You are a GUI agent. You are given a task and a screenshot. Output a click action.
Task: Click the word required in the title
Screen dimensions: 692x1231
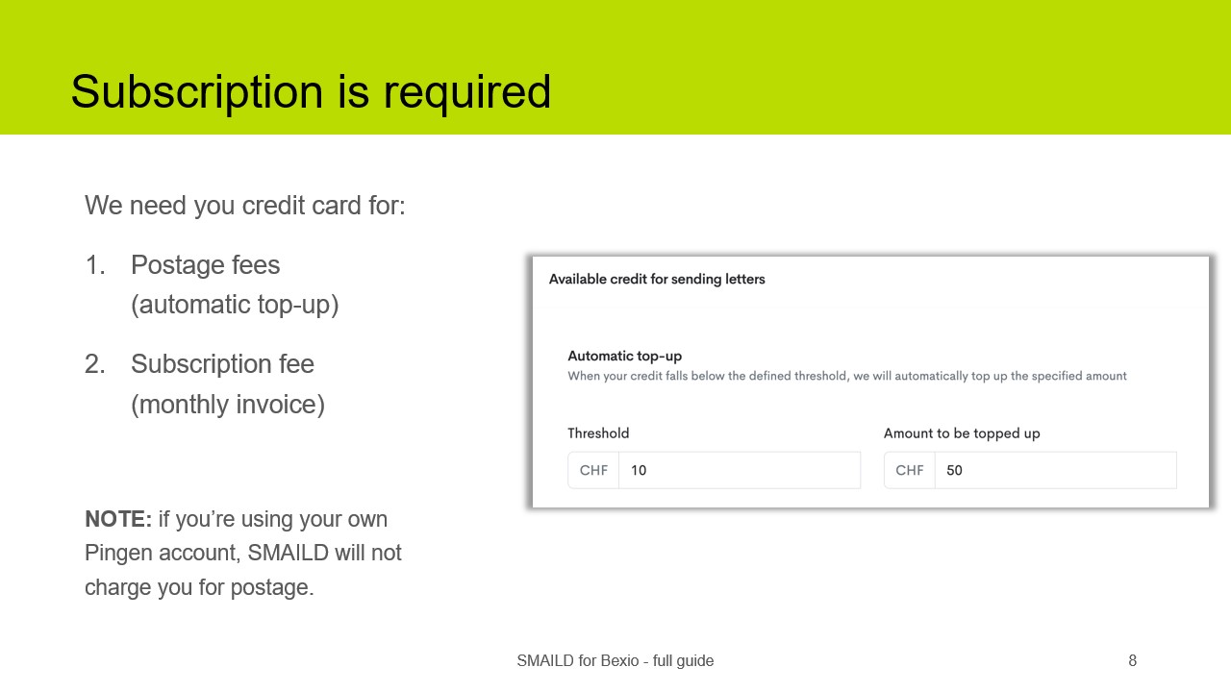click(x=467, y=92)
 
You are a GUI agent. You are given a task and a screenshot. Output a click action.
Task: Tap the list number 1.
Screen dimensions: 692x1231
click(x=94, y=265)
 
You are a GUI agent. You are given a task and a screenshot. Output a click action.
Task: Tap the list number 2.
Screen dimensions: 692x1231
click(x=94, y=364)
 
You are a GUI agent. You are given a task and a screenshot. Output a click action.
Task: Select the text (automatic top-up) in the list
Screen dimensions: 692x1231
click(x=235, y=305)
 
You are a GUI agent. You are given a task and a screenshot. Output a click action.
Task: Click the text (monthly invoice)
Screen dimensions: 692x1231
click(x=228, y=405)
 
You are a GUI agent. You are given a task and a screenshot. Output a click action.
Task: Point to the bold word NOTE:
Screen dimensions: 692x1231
click(x=118, y=519)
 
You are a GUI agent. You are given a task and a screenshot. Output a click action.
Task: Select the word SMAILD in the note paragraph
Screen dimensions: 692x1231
click(x=289, y=553)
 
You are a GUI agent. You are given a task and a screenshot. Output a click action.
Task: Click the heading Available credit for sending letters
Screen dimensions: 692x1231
click(x=657, y=280)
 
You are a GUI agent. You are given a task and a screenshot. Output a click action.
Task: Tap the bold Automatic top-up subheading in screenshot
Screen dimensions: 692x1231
click(x=624, y=356)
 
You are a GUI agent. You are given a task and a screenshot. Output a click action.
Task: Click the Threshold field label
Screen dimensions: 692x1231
click(x=598, y=433)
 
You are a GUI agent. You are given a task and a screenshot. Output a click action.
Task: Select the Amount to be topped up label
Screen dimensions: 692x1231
click(x=962, y=433)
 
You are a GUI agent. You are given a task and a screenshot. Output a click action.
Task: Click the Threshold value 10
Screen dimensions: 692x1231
click(x=639, y=471)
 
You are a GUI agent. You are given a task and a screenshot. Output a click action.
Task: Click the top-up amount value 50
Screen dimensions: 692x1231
click(x=954, y=471)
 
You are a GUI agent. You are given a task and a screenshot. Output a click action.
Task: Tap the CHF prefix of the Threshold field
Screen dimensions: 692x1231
click(x=593, y=471)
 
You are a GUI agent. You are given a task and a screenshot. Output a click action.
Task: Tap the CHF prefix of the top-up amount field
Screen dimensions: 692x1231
click(x=910, y=471)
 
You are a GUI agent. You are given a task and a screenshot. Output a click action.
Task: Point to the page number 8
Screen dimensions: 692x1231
click(x=1132, y=661)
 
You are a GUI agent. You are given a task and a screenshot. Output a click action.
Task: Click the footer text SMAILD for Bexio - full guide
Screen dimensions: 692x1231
click(x=615, y=661)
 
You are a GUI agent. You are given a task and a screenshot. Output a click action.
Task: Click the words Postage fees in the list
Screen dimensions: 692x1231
click(x=205, y=265)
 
